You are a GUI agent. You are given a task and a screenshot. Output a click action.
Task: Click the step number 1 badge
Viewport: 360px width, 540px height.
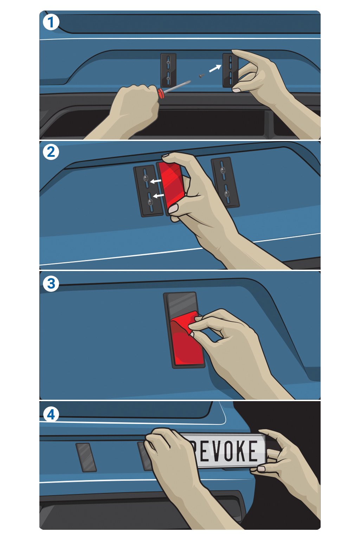pos(51,22)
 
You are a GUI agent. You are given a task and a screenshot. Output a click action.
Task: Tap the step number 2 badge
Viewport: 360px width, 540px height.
pos(51,152)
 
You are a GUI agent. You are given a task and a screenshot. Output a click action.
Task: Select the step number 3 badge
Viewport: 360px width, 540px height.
pos(51,283)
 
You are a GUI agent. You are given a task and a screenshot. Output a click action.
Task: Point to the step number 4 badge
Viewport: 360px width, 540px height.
pos(51,415)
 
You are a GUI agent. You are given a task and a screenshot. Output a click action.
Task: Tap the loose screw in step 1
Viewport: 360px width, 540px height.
pos(201,76)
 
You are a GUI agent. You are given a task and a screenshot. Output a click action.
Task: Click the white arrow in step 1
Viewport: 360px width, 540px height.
pos(215,68)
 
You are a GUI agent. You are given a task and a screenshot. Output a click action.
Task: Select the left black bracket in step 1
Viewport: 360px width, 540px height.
pos(168,70)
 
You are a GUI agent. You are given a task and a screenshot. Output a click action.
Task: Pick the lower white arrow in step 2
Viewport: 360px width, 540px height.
pos(159,195)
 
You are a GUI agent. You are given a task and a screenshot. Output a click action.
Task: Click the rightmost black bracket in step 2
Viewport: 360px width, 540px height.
pos(225,182)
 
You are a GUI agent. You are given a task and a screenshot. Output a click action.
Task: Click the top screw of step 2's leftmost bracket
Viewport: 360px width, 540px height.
pos(146,178)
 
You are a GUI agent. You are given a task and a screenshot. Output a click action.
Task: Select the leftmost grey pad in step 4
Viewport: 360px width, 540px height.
pos(86,457)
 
